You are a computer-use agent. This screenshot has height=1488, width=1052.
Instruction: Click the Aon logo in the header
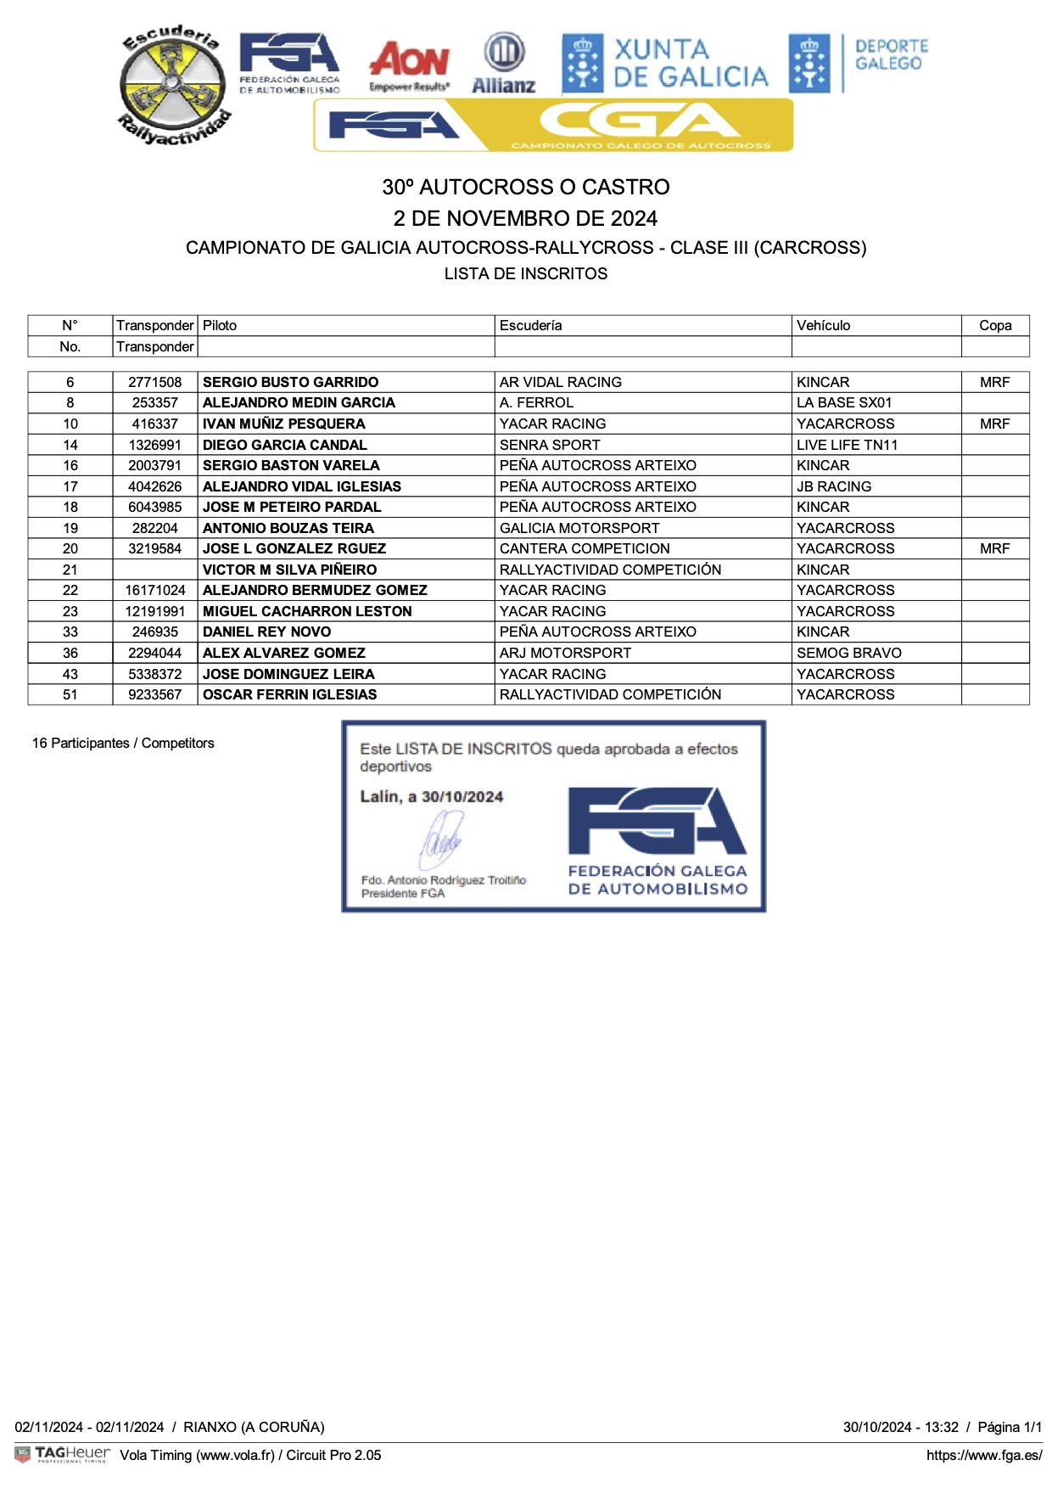[x=409, y=65]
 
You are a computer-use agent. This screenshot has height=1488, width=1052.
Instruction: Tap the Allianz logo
[x=504, y=63]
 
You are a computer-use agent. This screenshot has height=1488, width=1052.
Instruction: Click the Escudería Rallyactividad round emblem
[x=174, y=85]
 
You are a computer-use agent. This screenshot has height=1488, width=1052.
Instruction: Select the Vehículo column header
[x=823, y=325]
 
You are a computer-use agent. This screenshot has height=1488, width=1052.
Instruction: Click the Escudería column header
[x=530, y=325]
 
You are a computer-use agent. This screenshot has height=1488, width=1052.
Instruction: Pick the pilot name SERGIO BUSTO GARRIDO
[x=290, y=382]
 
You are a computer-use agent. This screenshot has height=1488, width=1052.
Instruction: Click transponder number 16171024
[x=155, y=590]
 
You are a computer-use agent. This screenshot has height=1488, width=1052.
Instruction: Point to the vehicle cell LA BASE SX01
[x=844, y=402]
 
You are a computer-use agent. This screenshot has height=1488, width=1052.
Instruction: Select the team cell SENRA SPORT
[x=550, y=445]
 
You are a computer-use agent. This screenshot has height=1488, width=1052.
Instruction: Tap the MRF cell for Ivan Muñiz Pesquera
[x=994, y=424]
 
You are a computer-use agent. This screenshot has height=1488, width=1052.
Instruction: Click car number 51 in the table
[x=70, y=694]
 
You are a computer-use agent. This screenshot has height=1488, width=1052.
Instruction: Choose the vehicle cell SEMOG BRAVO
[x=849, y=653]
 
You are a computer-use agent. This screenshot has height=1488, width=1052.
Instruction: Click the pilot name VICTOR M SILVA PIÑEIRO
[x=289, y=570]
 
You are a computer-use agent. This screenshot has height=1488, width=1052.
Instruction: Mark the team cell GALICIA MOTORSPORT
[x=579, y=528]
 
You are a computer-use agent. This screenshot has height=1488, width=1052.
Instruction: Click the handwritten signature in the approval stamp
[x=442, y=839]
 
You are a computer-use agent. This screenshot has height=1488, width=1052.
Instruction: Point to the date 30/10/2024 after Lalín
[x=462, y=797]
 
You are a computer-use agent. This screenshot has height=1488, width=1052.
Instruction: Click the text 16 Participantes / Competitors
[x=123, y=743]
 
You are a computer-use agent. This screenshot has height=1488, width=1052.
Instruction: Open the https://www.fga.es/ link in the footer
[x=983, y=1455]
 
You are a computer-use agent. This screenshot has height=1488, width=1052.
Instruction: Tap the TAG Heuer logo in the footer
[x=63, y=1454]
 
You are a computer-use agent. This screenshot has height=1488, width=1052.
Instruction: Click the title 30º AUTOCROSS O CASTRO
[x=526, y=187]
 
